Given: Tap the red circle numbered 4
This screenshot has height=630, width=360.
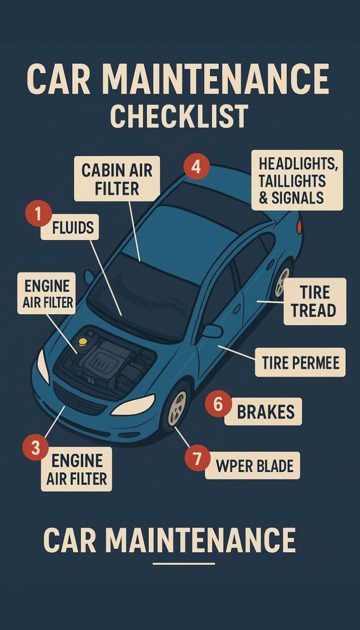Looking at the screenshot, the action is [196, 168].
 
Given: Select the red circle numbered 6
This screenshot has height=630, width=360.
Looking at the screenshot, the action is [218, 405].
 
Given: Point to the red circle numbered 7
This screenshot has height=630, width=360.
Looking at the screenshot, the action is [197, 458].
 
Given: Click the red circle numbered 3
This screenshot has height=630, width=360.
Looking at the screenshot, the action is [35, 447].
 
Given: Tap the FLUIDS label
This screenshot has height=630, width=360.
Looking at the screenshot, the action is [70, 227].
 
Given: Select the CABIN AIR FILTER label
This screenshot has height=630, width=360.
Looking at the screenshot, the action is [117, 179].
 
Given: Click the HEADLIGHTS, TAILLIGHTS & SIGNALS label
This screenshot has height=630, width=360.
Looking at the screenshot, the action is [297, 180].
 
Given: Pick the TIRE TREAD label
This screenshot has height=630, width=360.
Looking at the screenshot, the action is [315, 302].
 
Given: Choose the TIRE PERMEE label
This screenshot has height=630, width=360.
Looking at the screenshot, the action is [300, 362].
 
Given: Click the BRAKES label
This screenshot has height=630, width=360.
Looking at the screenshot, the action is [263, 411].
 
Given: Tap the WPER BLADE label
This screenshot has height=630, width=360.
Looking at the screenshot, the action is [253, 466].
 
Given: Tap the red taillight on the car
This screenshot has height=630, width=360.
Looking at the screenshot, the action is [299, 225].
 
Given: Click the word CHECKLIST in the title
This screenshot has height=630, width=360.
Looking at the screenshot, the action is [179, 116].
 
